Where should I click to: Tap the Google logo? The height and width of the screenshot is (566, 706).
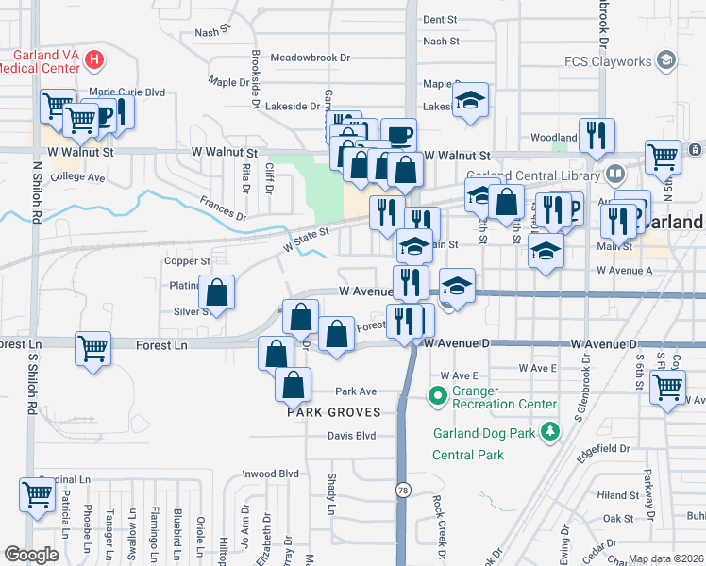tap(31, 555)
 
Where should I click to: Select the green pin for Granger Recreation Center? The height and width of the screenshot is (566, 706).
tap(437, 395)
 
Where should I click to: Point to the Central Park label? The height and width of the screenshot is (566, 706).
tap(468, 455)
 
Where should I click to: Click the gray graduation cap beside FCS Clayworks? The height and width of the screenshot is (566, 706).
tap(667, 61)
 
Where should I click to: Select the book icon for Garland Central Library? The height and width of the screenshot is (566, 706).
tap(615, 175)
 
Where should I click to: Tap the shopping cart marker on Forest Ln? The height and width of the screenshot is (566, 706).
tap(92, 348)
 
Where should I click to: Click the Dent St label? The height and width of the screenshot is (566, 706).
tap(440, 19)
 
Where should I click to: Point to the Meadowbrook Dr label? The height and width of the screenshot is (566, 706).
tap(310, 58)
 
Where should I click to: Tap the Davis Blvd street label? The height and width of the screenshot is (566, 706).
tap(351, 436)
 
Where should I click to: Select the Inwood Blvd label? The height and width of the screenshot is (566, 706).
tap(270, 474)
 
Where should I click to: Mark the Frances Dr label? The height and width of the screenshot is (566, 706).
tap(222, 208)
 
